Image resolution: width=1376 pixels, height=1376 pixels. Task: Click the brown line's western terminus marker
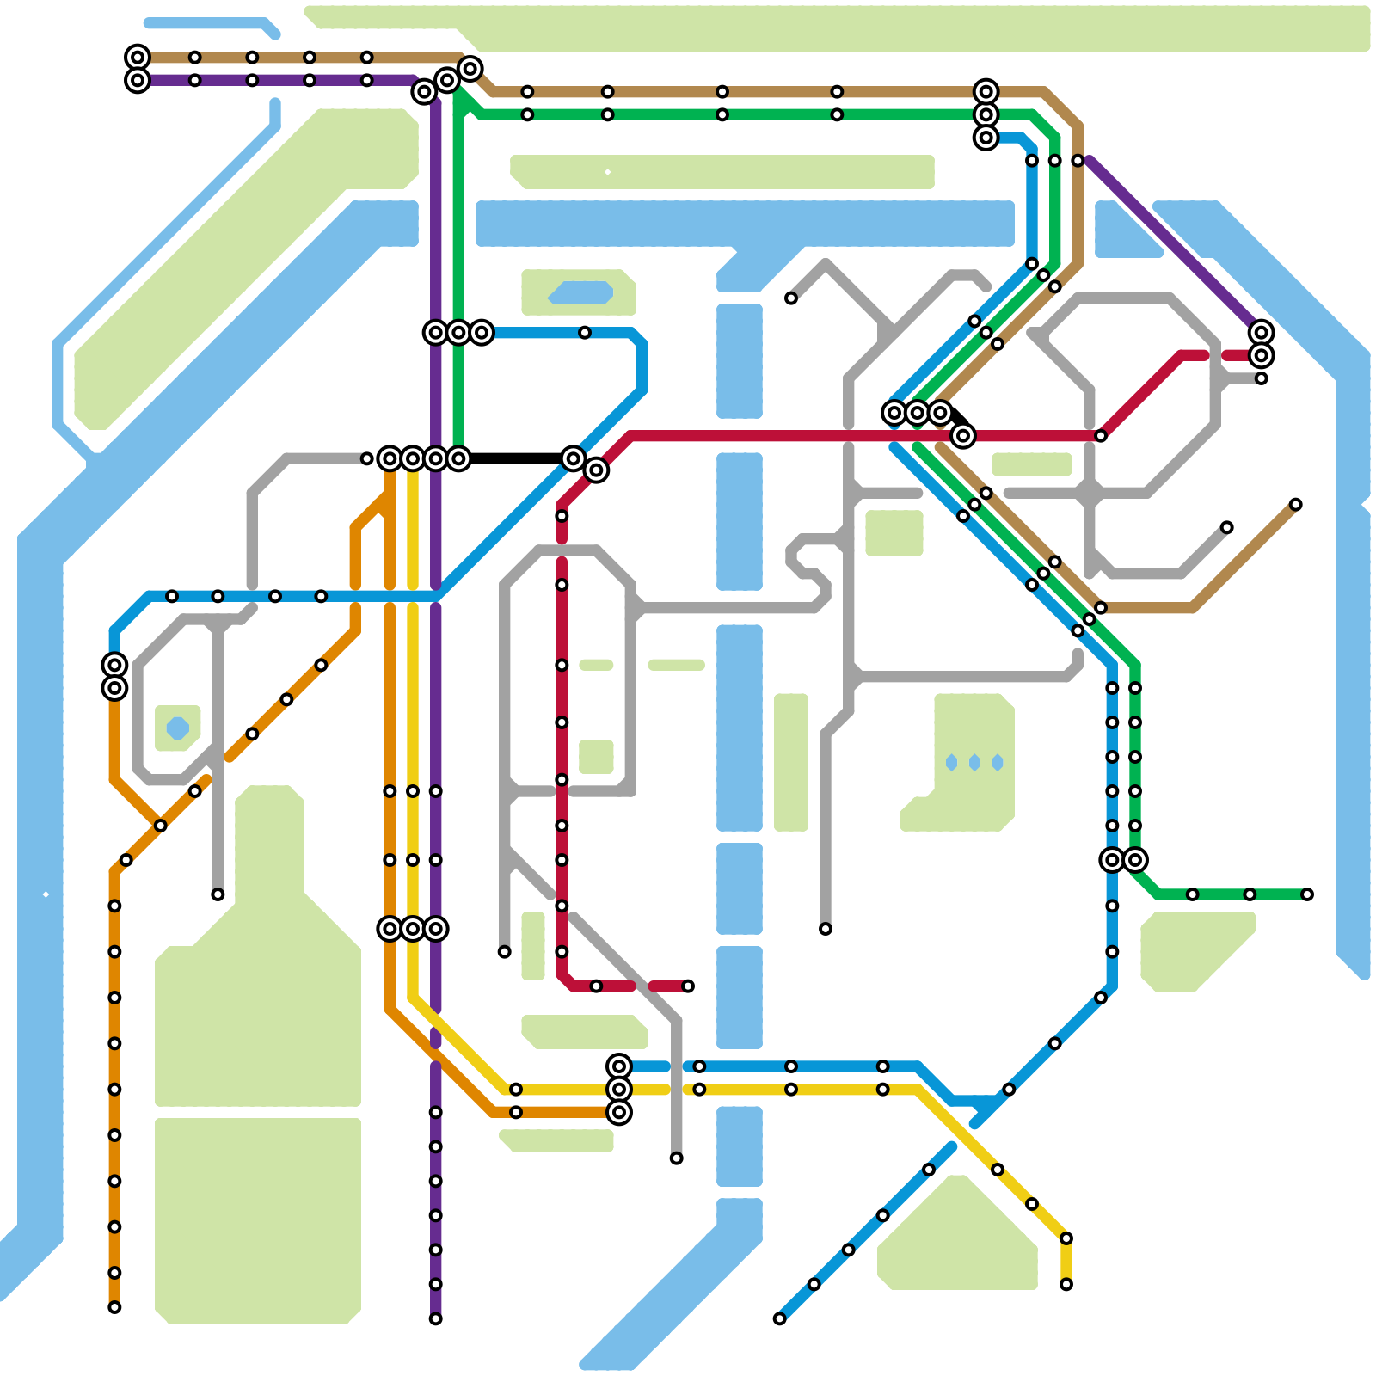pyautogui.click(x=138, y=58)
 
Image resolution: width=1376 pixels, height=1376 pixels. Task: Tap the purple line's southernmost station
pyautogui.click(x=436, y=1318)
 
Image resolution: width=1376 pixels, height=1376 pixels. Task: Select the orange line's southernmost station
pyautogui.click(x=114, y=1307)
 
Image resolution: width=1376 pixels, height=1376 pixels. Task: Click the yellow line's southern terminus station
pyautogui.click(x=1066, y=1284)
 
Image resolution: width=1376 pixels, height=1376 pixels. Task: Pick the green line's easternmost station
pyautogui.click(x=1307, y=894)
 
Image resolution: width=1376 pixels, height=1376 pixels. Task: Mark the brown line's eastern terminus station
pyautogui.click(x=1296, y=505)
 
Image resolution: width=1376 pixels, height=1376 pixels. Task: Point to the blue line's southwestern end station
pyautogui.click(x=779, y=1318)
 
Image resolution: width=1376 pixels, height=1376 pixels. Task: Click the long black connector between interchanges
pyautogui.click(x=516, y=458)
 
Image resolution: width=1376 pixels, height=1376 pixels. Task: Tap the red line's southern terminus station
pyautogui.click(x=688, y=986)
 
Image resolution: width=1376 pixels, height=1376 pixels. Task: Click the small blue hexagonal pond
pyautogui.click(x=178, y=728)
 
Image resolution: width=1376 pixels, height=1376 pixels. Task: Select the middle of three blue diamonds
pyautogui.click(x=974, y=763)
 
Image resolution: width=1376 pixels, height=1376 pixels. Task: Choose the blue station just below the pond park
pyautogui.click(x=585, y=333)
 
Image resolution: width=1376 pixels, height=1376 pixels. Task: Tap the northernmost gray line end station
pyautogui.click(x=791, y=298)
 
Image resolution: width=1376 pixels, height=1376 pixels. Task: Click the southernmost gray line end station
pyautogui.click(x=677, y=1158)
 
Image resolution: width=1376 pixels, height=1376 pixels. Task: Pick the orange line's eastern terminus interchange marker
pyautogui.click(x=619, y=1112)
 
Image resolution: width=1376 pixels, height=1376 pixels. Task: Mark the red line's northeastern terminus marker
pyautogui.click(x=1262, y=355)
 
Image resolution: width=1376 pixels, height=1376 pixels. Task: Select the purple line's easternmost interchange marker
pyautogui.click(x=1262, y=333)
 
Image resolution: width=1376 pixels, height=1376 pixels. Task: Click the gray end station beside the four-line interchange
pyautogui.click(x=367, y=458)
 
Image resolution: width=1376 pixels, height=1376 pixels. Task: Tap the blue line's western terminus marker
pyautogui.click(x=114, y=665)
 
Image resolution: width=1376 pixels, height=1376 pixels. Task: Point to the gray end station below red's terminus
pyautogui.click(x=1262, y=378)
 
